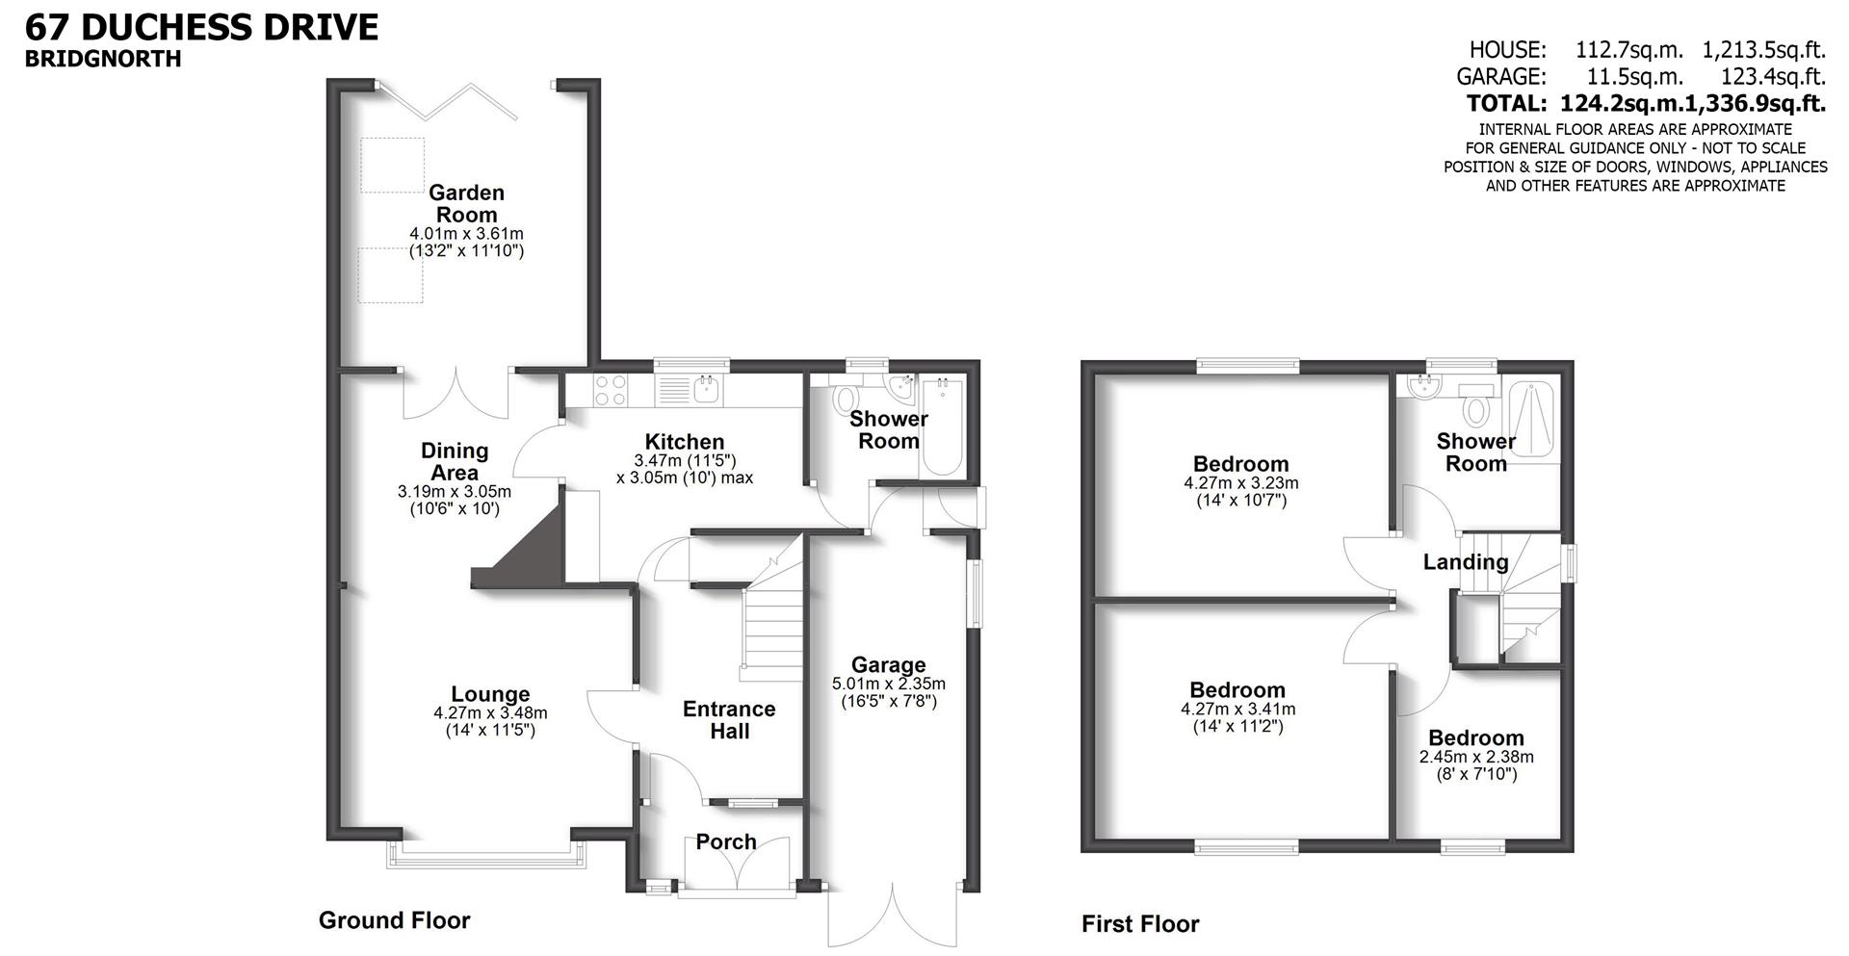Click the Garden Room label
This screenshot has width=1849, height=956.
466,203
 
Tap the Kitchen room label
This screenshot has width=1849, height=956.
684,442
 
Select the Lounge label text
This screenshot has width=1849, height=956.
490,694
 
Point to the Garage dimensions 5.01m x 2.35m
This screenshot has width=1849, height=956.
888,684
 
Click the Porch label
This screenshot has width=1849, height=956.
726,841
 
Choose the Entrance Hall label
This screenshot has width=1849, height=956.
729,720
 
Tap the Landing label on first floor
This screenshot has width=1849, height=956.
1466,562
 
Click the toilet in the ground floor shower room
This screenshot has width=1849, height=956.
846,400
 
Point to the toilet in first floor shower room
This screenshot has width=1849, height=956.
1474,411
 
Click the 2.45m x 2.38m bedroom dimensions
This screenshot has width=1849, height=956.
1476,757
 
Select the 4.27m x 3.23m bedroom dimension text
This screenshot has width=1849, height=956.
1240,483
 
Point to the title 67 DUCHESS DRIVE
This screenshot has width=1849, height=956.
202,27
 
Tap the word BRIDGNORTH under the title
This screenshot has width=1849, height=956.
103,59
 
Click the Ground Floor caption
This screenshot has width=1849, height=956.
394,920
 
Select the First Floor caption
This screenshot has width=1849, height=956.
1140,924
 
